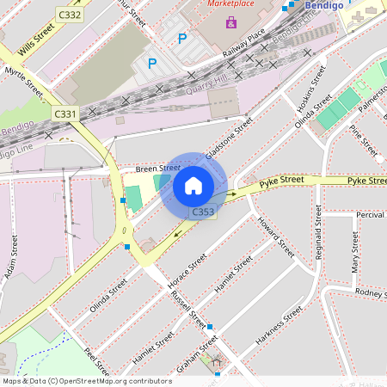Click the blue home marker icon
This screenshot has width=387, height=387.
pyautogui.click(x=193, y=186)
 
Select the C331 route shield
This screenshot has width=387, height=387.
pyautogui.click(x=64, y=114)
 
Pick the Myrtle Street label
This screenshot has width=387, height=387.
pyautogui.click(x=23, y=80)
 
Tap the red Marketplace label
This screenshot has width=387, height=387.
pyautogui.click(x=231, y=4)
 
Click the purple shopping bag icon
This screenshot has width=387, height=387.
pyautogui.click(x=230, y=21)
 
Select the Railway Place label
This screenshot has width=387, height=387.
pyautogui.click(x=243, y=44)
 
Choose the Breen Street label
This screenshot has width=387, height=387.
pyautogui.click(x=157, y=169)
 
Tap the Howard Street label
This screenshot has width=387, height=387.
pyautogui.click(x=275, y=237)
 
